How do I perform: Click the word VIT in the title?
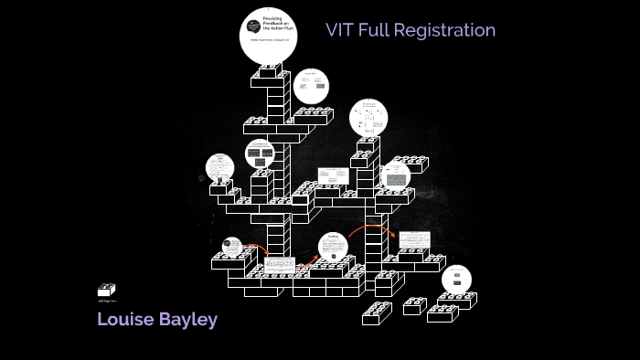[340, 30]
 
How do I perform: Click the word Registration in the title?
[447, 30]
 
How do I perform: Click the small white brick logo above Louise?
[106, 290]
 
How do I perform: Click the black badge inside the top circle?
[253, 26]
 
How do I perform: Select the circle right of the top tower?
[311, 86]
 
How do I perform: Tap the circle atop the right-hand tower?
[368, 118]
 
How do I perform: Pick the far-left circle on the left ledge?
[220, 168]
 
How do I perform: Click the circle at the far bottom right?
[456, 279]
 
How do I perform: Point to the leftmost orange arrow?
[256, 248]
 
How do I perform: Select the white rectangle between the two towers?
[333, 175]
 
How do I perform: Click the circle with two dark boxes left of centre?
[259, 155]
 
